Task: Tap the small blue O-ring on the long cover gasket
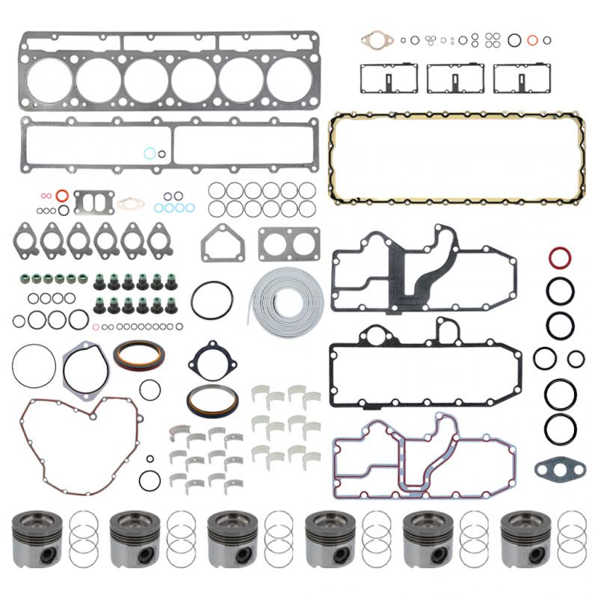coord(150,154)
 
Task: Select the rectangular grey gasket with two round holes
coord(289,244)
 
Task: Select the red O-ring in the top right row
coord(532,40)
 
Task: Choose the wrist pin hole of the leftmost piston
coord(47,555)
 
